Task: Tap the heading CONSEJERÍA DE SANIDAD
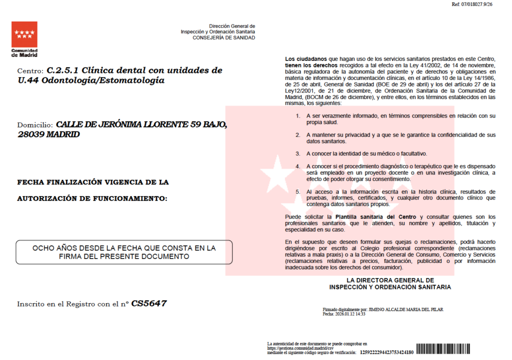click(x=223, y=38)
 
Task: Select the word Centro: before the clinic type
click(x=30, y=71)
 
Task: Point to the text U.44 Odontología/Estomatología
click(x=90, y=80)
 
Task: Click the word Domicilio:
click(x=35, y=124)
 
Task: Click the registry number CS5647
click(x=149, y=303)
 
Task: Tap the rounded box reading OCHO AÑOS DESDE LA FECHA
click(x=124, y=252)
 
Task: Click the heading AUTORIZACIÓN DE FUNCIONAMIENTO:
click(x=92, y=198)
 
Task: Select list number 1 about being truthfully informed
click(x=297, y=116)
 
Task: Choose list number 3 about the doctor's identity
click(x=297, y=153)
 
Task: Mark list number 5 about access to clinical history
click(x=297, y=191)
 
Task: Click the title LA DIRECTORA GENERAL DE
click(x=390, y=280)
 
